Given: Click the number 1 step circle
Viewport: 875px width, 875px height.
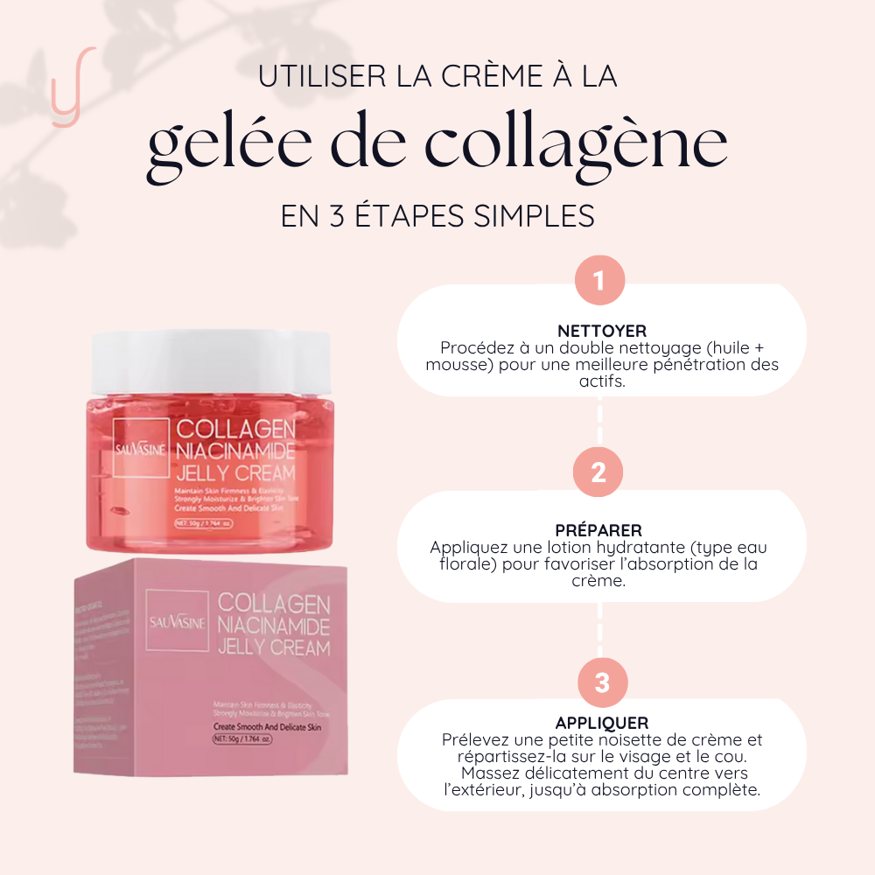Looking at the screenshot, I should tap(599, 281).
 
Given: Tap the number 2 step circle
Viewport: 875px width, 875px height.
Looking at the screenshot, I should tap(599, 472).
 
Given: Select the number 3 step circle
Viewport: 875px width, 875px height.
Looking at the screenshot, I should tap(601, 682).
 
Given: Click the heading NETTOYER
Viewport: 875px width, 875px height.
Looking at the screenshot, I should tap(602, 332).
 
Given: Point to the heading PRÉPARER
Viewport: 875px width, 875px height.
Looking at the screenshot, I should tap(598, 530).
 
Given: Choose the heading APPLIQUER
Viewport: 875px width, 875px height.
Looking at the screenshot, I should tap(602, 723).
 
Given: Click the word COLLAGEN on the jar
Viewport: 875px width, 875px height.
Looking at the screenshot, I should tap(237, 430).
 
